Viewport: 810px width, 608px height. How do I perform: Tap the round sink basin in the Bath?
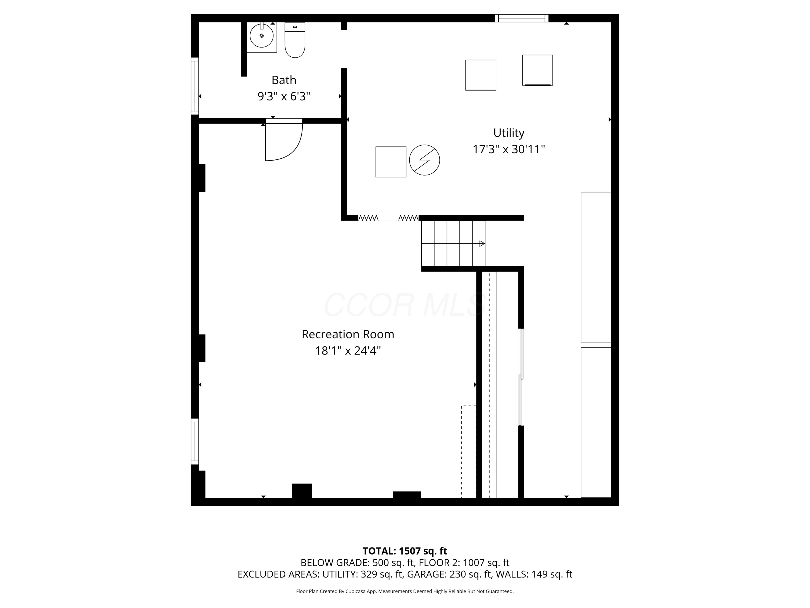261,36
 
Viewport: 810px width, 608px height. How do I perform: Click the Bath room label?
284,80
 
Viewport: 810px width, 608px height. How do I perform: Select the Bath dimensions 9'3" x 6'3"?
284,96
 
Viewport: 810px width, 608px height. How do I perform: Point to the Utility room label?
509,133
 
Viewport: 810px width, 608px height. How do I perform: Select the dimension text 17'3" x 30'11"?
509,149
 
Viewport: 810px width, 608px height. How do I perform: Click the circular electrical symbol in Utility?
424,160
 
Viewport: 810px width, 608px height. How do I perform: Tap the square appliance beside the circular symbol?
391,162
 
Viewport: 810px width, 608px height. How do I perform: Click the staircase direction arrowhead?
482,244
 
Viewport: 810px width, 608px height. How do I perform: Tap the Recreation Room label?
347,334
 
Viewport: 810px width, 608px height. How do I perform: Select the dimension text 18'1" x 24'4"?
347,351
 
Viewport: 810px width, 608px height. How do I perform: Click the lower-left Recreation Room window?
195,442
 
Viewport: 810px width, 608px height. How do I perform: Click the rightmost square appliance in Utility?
537,70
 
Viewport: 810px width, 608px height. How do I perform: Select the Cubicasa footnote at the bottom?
405,591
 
